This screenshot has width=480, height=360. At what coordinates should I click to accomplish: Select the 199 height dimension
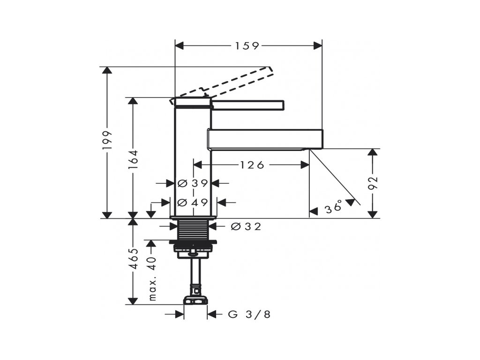[x=107, y=141]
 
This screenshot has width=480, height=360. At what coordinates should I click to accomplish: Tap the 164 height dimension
[x=133, y=160]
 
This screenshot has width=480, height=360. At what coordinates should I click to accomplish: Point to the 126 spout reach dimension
[x=252, y=165]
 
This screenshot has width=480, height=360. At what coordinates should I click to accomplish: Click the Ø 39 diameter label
[x=193, y=183]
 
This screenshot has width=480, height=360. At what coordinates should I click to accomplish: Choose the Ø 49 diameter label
[x=193, y=202]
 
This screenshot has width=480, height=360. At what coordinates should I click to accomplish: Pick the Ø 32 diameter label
[x=246, y=226]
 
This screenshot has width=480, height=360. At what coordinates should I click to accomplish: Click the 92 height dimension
[x=373, y=183]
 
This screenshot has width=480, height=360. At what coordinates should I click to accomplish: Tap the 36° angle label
[x=333, y=207]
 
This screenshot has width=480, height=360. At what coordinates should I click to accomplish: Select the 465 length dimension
[x=133, y=259]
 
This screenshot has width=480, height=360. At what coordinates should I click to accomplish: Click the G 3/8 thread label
[x=249, y=315]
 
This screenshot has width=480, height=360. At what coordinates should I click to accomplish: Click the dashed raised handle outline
[x=221, y=85]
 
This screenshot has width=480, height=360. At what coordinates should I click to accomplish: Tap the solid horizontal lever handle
[x=248, y=105]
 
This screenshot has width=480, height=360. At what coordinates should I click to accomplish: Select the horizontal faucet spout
[x=265, y=139]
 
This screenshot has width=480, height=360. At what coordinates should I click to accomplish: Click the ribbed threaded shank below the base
[x=193, y=230]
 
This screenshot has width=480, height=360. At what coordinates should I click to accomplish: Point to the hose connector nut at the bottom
[x=195, y=300]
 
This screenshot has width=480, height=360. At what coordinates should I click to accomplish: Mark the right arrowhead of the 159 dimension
[x=318, y=46]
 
